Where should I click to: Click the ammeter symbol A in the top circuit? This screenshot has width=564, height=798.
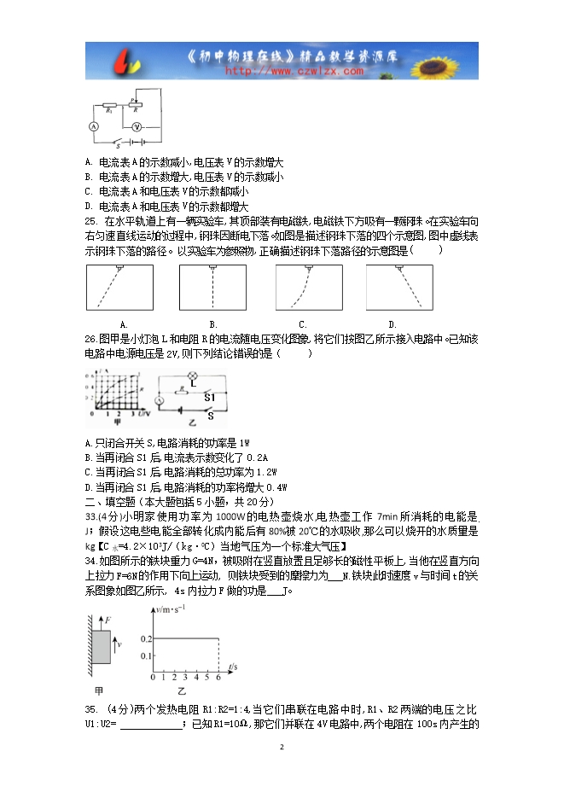click(96, 125)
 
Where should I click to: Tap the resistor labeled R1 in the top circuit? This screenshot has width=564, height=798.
click(109, 108)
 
